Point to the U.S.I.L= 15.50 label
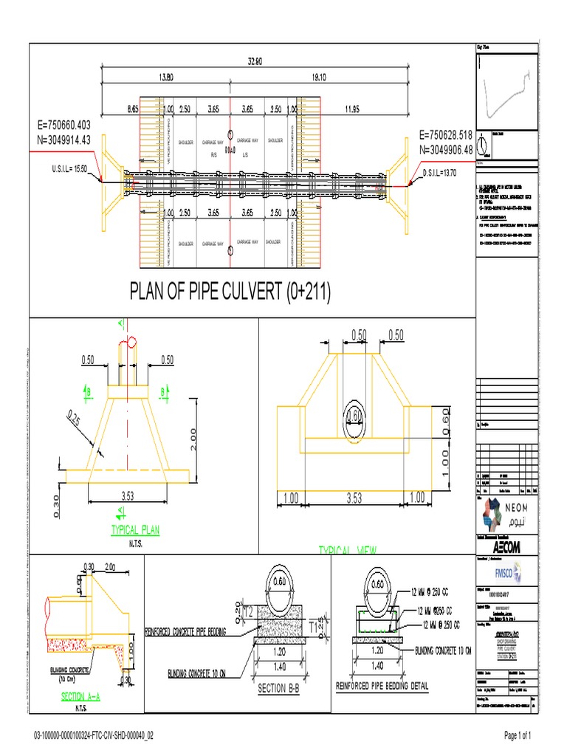(68, 169)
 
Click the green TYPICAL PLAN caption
(135, 530)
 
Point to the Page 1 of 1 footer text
(508, 736)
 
